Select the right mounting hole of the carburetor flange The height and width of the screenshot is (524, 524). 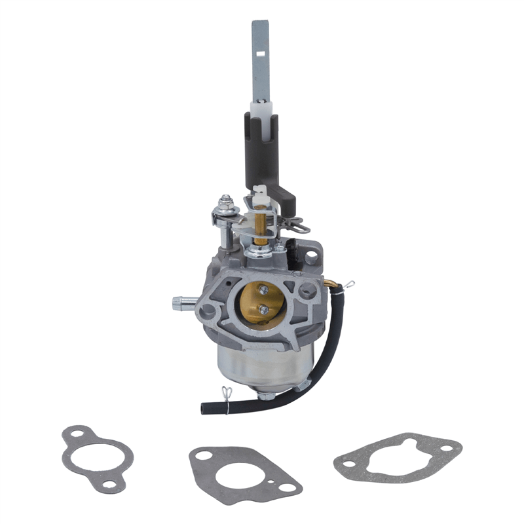pyautogui.click(x=305, y=288)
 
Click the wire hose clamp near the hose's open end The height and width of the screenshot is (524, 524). pyautogui.click(x=227, y=396)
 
